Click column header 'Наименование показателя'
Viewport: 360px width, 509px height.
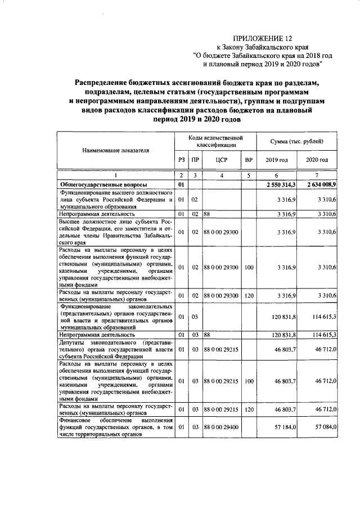click(x=116, y=151)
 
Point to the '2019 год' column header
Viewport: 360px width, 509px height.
click(x=276, y=160)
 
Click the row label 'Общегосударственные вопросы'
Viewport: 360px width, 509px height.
click(x=104, y=184)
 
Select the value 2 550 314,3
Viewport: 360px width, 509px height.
click(x=277, y=184)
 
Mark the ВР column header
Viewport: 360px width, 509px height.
click(x=249, y=160)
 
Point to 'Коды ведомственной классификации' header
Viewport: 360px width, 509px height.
click(x=215, y=141)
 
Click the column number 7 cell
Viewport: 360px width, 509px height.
click(x=317, y=177)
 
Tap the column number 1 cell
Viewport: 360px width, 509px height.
click(x=116, y=177)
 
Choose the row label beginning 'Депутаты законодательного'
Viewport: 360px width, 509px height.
click(x=115, y=349)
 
